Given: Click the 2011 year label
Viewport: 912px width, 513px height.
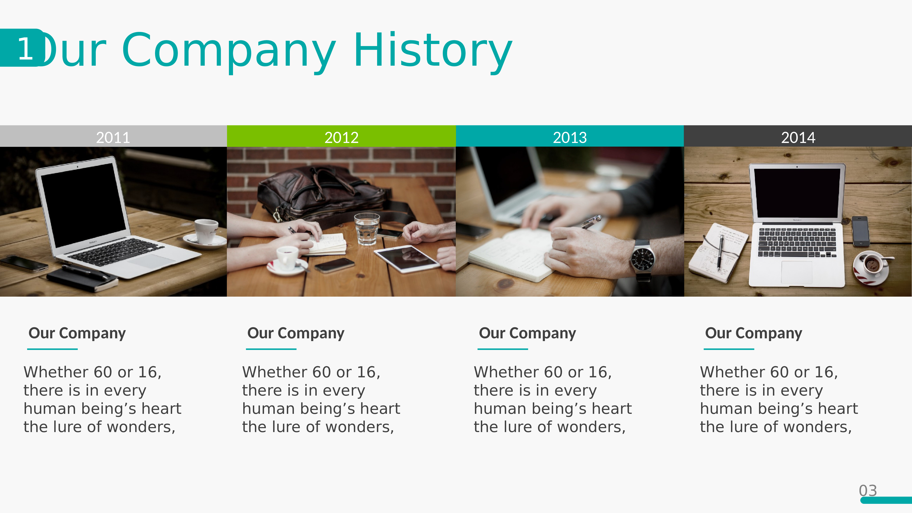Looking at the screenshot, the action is [x=113, y=137].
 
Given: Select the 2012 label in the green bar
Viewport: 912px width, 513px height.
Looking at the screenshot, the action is [x=341, y=137].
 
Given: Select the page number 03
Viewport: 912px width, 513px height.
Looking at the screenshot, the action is [x=868, y=491].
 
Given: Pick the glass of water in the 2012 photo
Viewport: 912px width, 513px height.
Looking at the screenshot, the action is [x=367, y=228].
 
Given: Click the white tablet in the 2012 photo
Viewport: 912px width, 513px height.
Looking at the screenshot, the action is [x=407, y=259].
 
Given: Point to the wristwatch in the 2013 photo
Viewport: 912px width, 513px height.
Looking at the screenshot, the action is [x=643, y=260].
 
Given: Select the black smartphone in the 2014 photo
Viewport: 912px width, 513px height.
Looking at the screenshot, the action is [x=860, y=231].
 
